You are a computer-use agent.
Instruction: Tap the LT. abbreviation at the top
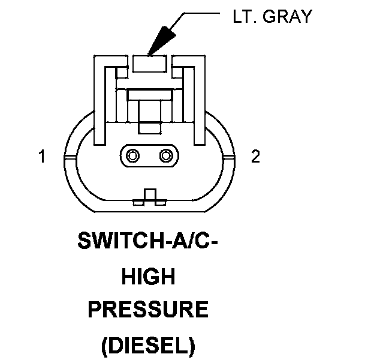(245, 17)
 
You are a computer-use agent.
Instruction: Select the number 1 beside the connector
(42, 157)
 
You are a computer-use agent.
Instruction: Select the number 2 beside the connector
(256, 157)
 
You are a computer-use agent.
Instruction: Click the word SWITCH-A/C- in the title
(147, 242)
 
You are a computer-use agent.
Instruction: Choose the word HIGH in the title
(147, 277)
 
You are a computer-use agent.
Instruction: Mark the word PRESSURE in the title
(147, 311)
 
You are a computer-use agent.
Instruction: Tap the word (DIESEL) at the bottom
(147, 346)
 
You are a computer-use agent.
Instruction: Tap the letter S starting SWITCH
(83, 242)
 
